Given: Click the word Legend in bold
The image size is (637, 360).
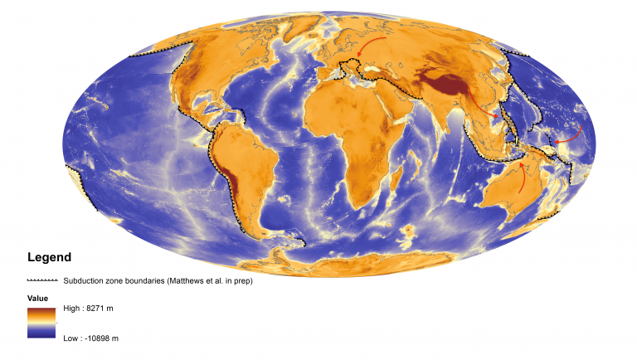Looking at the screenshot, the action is coord(49,257).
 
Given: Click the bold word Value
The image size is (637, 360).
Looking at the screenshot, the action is coord(37,298).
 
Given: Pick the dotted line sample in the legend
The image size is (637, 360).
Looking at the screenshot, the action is coord(41,280).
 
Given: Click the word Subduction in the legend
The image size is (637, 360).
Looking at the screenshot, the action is coord(83,280).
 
